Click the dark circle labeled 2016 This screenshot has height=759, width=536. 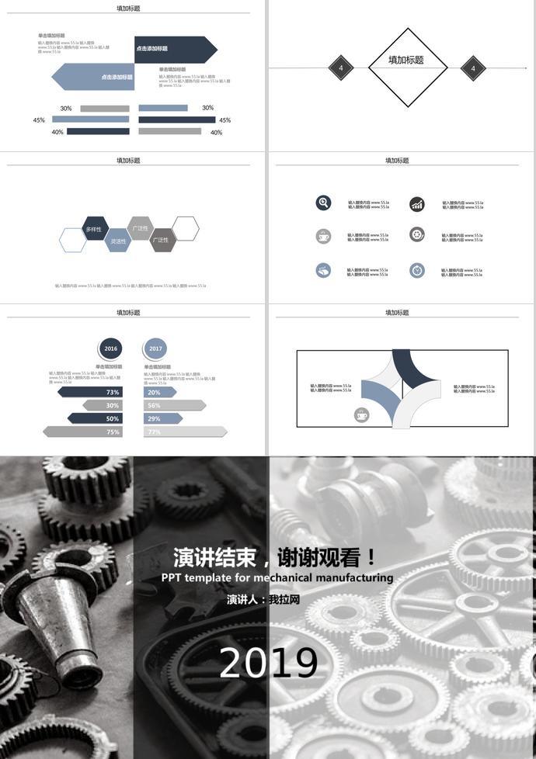[111, 348]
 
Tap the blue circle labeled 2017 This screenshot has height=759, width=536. [155, 348]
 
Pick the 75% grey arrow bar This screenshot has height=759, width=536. [82, 431]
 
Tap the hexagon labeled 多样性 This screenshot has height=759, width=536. [94, 229]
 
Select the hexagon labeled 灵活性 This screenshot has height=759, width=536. [117, 241]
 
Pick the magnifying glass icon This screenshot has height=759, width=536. [324, 203]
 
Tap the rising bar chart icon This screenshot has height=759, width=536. [417, 203]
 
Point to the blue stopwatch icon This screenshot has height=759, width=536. [417, 270]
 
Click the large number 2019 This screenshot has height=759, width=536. [268, 663]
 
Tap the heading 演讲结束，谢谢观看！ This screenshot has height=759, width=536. [276, 557]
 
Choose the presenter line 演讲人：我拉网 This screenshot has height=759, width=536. [263, 600]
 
